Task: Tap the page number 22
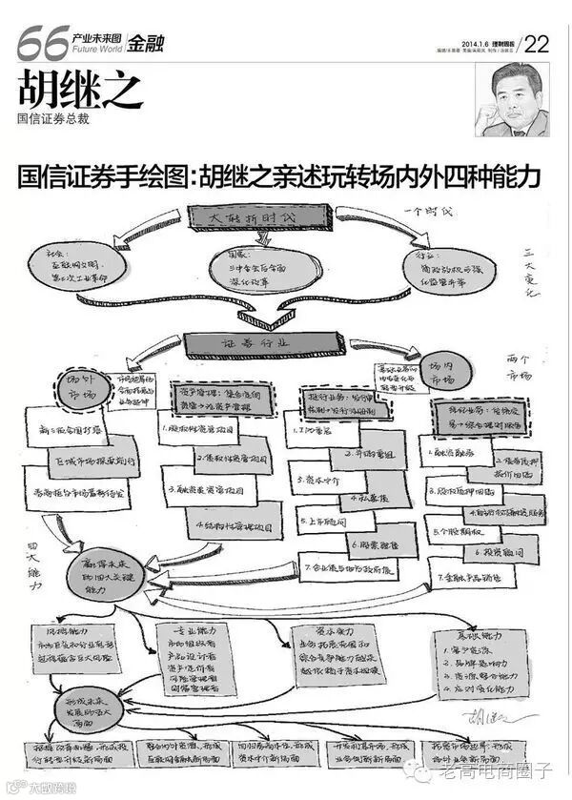(537, 44)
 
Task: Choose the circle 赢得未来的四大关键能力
(107, 573)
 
